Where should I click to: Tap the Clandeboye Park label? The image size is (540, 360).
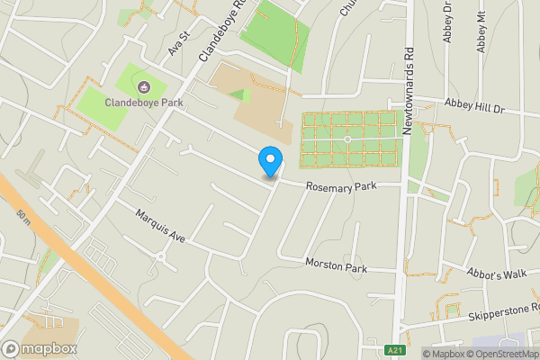143,103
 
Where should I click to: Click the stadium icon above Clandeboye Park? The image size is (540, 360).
144,87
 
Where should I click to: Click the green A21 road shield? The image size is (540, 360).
394,350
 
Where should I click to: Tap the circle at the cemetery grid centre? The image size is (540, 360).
347,139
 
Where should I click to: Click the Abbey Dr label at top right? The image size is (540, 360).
446,18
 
